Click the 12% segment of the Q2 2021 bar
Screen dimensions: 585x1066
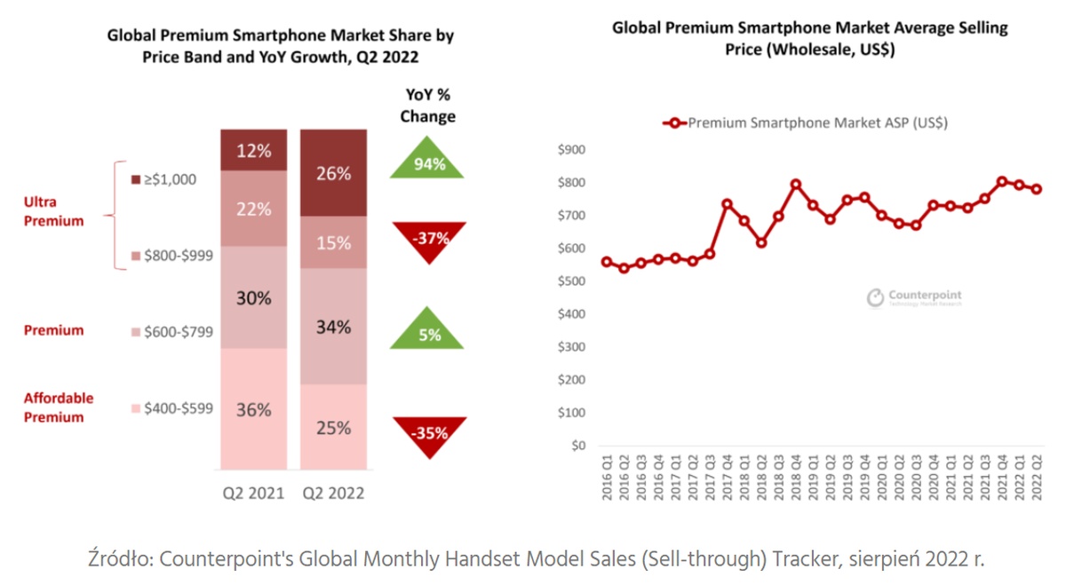click(x=254, y=150)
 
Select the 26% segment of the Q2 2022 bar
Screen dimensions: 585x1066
click(x=333, y=173)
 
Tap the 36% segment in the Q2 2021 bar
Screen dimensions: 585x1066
click(x=254, y=409)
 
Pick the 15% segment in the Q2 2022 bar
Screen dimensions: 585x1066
click(x=333, y=242)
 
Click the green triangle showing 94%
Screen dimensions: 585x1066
click(x=428, y=162)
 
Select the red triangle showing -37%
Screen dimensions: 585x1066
click(x=428, y=238)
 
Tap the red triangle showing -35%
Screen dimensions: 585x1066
click(x=428, y=433)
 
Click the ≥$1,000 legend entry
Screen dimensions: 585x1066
click(x=163, y=179)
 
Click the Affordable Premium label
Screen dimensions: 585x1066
click(x=59, y=407)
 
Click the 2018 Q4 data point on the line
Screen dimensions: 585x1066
click(x=796, y=185)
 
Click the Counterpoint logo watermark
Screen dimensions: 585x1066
click(x=914, y=297)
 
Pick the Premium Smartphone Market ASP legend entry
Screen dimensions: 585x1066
click(x=805, y=123)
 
